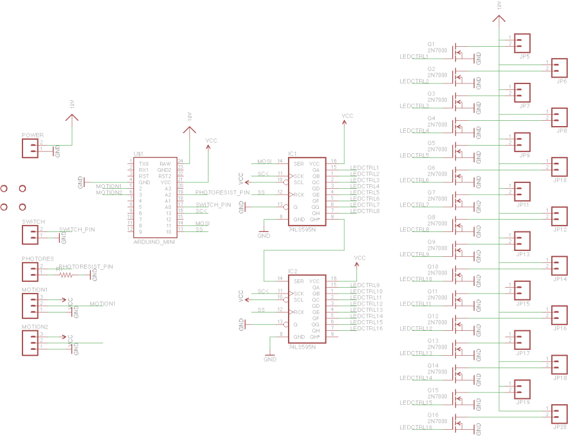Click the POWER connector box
(30, 149)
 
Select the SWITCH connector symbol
(30, 235)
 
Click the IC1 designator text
(292, 153)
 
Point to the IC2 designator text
(292, 271)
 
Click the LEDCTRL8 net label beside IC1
(365, 211)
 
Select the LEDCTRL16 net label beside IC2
(366, 328)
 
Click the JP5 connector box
(522, 43)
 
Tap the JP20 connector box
(559, 413)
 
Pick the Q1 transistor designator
(431, 44)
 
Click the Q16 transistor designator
(433, 415)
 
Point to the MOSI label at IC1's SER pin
(264, 161)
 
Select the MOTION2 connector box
(30, 343)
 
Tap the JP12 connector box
(559, 216)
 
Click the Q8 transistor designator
(431, 217)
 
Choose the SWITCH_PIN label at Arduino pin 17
(213, 205)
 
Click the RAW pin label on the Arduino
(165, 163)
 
